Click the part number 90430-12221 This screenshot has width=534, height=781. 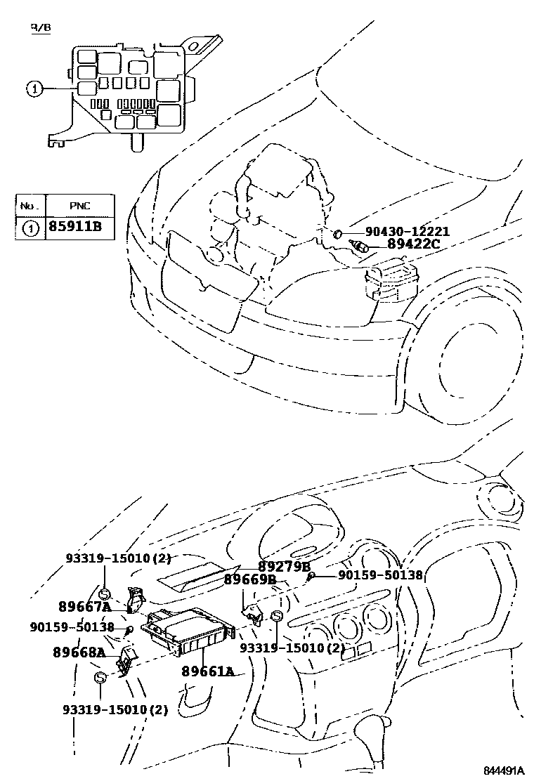[408, 232]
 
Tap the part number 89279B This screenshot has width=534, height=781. [283, 567]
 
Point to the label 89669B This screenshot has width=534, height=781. [249, 579]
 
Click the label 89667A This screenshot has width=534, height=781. [84, 607]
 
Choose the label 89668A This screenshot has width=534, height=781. [79, 652]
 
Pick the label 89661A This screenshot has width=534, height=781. [207, 671]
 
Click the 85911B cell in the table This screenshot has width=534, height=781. [75, 228]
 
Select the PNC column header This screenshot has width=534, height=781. [79, 206]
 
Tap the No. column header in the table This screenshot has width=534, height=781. [30, 206]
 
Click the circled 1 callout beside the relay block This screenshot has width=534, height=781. [34, 88]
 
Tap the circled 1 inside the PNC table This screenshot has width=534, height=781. [30, 228]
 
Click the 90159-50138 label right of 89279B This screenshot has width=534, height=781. [380, 575]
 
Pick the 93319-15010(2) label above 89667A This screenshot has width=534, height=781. [118, 558]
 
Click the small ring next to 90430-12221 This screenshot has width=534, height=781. [338, 232]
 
